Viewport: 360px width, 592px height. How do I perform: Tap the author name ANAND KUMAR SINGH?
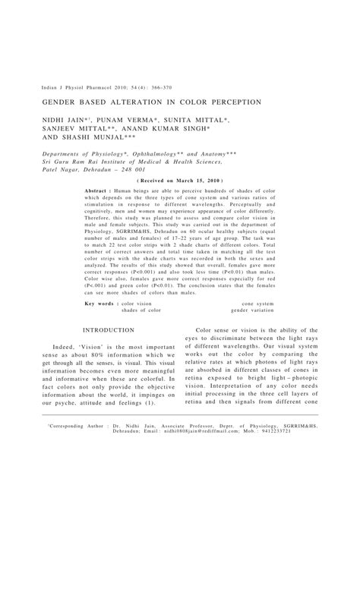[x=190, y=129]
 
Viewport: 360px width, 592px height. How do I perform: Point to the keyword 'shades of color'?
[x=141, y=310]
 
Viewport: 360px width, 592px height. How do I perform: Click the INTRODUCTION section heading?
[x=109, y=331]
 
